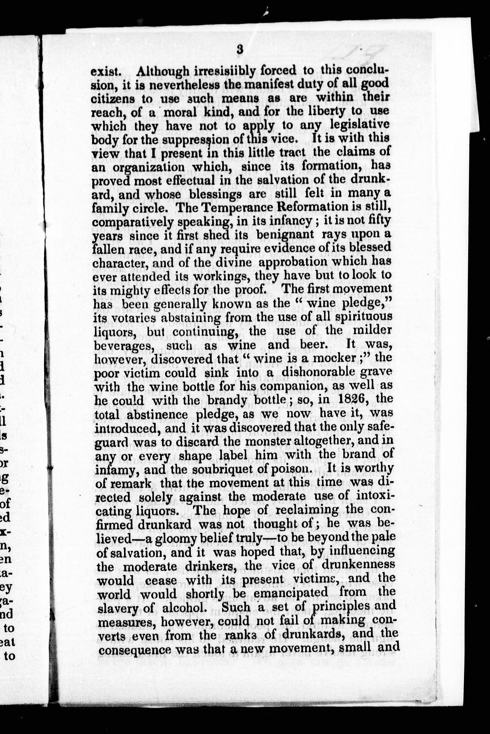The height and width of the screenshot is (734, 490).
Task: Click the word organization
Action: [x=149, y=168]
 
